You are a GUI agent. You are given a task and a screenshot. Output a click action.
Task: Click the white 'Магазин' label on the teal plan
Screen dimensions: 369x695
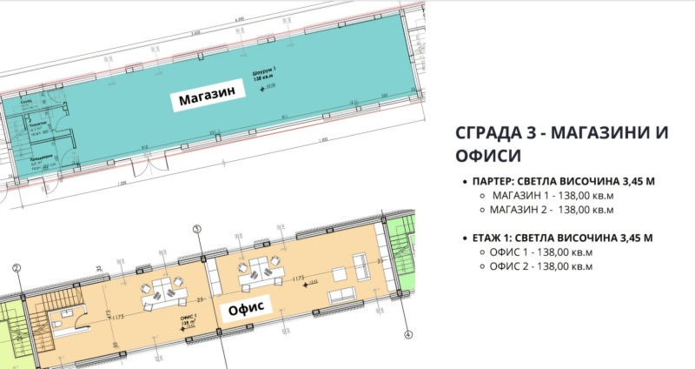click(x=208, y=99)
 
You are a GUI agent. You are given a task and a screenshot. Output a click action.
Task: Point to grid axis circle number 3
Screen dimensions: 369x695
click(x=197, y=229)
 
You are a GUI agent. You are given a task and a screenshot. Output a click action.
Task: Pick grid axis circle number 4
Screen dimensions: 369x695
click(x=407, y=332)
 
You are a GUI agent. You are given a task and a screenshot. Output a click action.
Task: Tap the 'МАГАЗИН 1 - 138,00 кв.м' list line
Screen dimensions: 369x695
click(x=553, y=195)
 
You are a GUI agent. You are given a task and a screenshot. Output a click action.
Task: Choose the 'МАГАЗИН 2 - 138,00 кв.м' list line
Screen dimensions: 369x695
click(x=553, y=210)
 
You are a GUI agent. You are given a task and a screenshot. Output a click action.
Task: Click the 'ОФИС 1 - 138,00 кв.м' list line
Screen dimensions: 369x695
click(x=541, y=252)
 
